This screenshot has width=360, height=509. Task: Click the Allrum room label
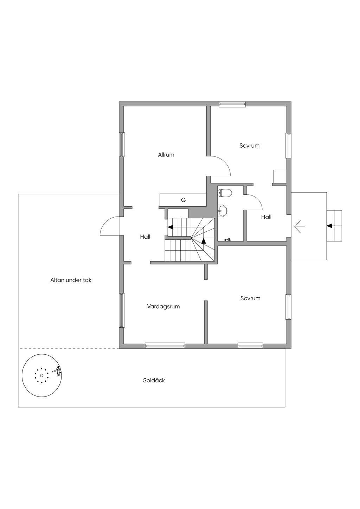coord(166,155)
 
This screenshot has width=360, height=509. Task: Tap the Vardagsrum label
coord(163,307)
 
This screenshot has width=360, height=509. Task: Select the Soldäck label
coord(154,380)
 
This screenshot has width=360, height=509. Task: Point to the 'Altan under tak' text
coord(71,280)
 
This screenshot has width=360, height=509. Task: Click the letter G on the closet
coord(183,200)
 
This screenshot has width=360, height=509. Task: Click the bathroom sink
coord(222,211)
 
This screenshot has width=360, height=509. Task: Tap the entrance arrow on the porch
coord(299,227)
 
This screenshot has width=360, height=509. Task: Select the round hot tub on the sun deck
coord(41,375)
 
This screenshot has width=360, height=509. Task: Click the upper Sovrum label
coord(249,146)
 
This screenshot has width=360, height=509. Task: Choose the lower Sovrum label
coord(250,298)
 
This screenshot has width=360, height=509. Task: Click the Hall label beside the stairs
coord(145,237)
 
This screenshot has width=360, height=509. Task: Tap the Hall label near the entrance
coord(266,217)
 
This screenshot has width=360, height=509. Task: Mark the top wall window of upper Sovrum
coord(232,104)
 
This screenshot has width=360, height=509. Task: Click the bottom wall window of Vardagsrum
coord(165,346)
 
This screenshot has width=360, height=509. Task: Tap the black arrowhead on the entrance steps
coord(329,225)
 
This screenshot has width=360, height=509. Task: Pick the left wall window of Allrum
coord(122,144)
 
